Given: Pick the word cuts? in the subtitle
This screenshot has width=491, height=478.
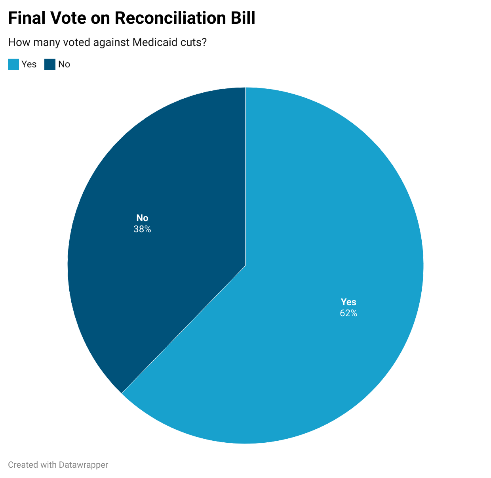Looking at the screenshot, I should coord(193,42).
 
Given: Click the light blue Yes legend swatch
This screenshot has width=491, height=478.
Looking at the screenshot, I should coord(13,64).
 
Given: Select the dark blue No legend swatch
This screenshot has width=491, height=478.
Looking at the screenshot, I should coord(50,64).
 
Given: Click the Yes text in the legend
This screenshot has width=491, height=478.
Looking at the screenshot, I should coord(29,64).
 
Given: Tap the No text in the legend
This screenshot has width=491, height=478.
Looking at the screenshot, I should coord(64,64).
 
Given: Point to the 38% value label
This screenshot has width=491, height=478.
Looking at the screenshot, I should coord(142,229).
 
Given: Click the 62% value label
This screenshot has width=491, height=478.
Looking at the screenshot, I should coord(348,313).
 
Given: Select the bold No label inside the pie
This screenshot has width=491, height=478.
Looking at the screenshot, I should coord(142,218).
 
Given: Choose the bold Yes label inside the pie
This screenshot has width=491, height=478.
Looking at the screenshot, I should coord(348,302).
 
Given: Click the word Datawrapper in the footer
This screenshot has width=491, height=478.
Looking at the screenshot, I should coord(84,465).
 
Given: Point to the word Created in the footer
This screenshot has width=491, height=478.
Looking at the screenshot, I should coord(22,465).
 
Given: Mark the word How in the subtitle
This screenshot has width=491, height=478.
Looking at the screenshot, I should coord(17,42).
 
